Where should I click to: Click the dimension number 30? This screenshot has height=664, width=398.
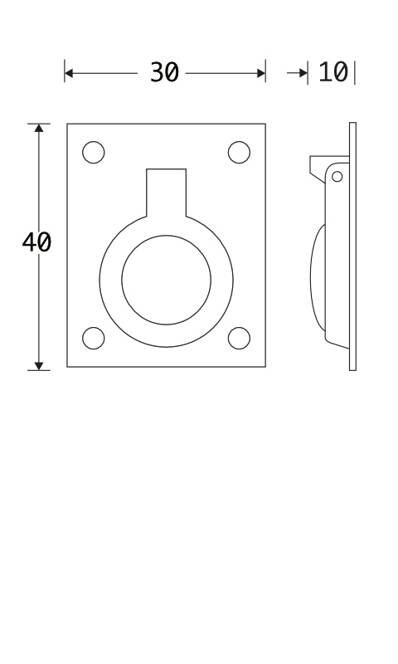click(164, 72)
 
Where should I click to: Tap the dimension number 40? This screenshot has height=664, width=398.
click(36, 242)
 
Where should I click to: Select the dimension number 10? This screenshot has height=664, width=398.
click(332, 72)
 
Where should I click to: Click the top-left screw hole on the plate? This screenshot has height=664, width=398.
click(94, 153)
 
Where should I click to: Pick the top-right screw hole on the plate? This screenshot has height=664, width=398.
click(239, 153)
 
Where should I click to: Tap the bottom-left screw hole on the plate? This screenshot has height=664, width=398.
click(94, 339)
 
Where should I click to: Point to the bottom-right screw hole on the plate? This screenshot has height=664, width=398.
click(239, 339)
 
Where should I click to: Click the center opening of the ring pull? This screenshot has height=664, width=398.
click(166, 280)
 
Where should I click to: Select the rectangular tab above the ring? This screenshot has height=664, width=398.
click(166, 193)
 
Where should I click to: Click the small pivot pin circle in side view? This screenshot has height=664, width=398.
click(337, 177)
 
